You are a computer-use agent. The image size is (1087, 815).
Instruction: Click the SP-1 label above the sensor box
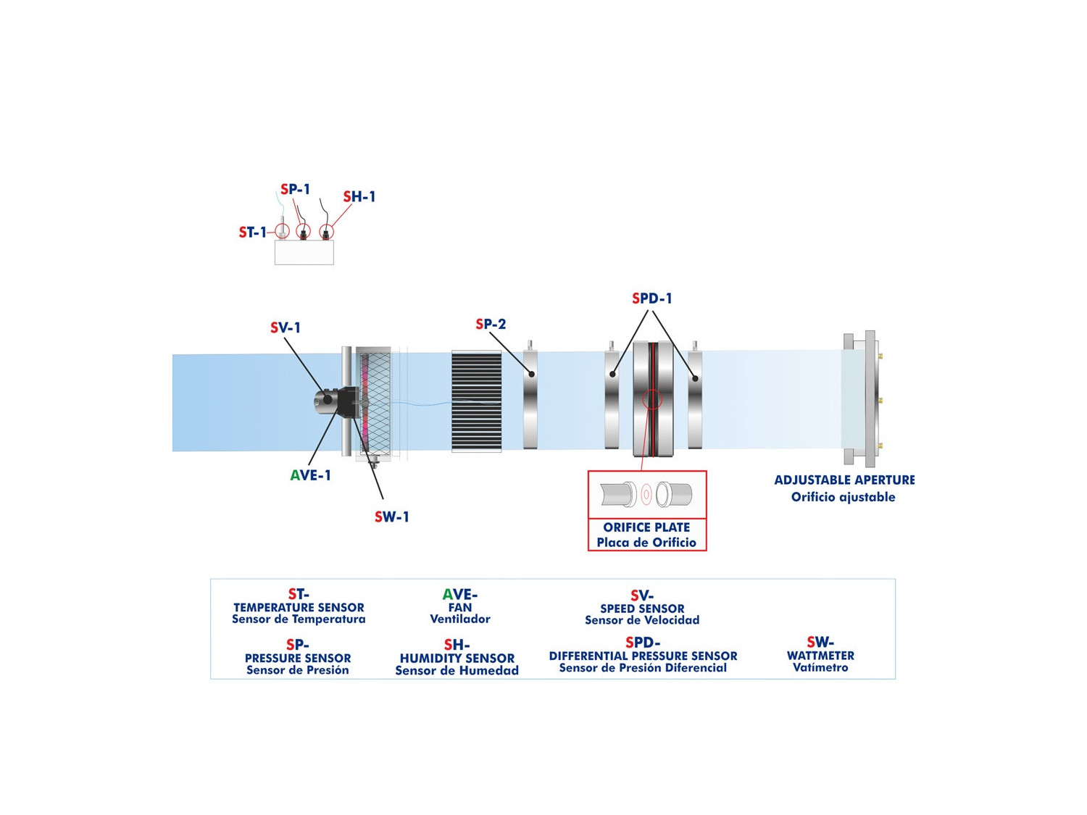(295, 189)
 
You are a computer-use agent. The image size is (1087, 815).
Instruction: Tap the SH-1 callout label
(359, 197)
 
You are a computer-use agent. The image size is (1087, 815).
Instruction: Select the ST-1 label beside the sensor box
(253, 232)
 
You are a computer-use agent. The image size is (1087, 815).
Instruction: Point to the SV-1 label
(286, 327)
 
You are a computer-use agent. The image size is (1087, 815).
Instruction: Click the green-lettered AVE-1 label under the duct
(310, 475)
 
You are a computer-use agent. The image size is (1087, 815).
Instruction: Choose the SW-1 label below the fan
(391, 517)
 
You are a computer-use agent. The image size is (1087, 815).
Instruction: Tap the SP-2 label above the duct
(491, 324)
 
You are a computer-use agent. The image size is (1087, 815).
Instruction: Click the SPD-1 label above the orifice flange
(651, 298)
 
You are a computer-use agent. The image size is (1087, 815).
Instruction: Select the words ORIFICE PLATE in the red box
(646, 527)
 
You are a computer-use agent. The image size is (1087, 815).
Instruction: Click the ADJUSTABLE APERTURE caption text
(844, 480)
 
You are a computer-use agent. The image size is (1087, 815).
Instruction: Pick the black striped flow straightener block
(476, 401)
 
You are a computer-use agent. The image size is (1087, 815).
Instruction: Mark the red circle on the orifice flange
(652, 399)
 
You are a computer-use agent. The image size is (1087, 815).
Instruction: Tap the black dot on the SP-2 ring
(531, 374)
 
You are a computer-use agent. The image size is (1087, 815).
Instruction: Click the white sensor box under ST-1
(304, 252)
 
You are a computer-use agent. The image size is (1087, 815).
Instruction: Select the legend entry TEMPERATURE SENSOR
(299, 608)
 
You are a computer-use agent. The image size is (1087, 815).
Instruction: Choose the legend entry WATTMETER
(820, 656)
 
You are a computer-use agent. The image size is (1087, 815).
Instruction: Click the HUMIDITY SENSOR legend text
(457, 659)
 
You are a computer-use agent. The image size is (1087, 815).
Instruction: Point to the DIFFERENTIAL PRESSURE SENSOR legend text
(643, 656)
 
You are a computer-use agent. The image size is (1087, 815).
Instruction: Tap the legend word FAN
(460, 607)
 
